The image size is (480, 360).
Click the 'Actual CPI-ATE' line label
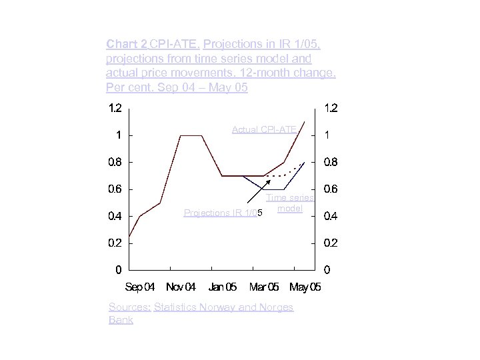264,129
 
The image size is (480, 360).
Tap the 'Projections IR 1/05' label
223,213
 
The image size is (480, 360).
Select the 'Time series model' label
290,203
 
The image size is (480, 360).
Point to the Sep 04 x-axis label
140,287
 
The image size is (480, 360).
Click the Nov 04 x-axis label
181,287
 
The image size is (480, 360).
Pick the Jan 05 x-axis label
222,287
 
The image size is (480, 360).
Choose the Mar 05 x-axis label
264,287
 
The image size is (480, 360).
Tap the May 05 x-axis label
305,287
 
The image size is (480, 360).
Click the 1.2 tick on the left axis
115,108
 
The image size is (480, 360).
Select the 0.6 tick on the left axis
115,189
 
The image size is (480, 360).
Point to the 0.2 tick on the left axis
115,243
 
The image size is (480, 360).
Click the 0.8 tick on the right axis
330,162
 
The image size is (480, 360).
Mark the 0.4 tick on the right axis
330,216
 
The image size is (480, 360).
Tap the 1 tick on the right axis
327,135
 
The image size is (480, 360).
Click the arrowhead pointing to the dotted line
268,181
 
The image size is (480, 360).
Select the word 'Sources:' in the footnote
129,307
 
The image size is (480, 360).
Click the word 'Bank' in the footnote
121,320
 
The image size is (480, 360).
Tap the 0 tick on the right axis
327,270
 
